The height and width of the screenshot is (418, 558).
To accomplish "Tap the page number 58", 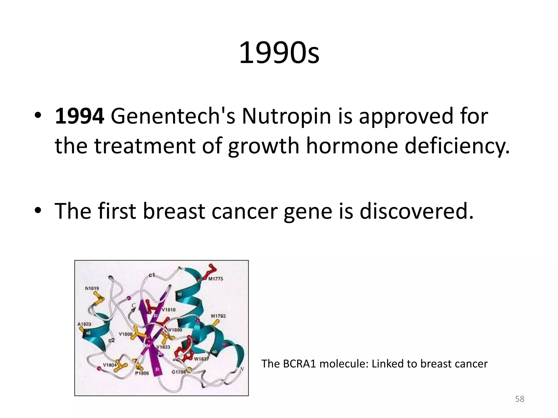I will tap(520, 399).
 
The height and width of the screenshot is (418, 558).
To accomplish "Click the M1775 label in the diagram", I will tap(216, 279).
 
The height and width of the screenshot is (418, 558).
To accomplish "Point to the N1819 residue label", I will tap(92, 288).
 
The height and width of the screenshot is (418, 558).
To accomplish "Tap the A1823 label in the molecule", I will tap(84, 324).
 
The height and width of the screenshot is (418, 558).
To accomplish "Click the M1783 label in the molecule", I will tap(218, 316).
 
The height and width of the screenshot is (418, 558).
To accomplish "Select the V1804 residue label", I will tap(110, 365).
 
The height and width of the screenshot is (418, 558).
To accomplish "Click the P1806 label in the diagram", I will tap(142, 373).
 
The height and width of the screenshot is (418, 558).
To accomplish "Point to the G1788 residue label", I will tap(178, 372).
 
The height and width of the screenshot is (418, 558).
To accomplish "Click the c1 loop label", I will tap(152, 275).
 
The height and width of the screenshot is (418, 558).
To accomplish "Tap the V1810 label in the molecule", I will tap(169, 310).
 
